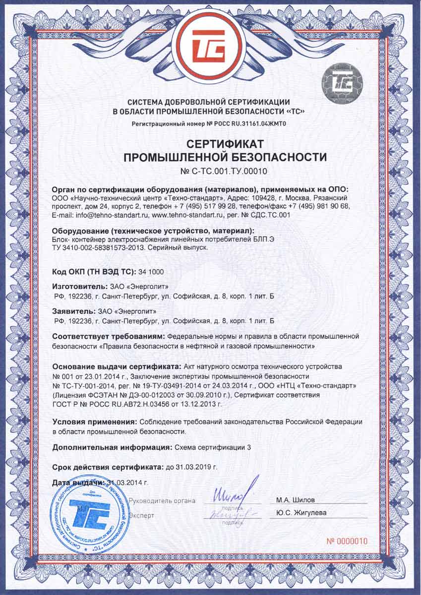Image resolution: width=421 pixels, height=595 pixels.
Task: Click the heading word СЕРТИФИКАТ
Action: coord(225,144)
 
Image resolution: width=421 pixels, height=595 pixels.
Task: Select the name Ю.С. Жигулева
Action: coord(298,513)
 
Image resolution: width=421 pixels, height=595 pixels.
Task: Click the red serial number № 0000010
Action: coord(347,541)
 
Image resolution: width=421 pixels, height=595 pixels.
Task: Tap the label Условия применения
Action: coord(95,421)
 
